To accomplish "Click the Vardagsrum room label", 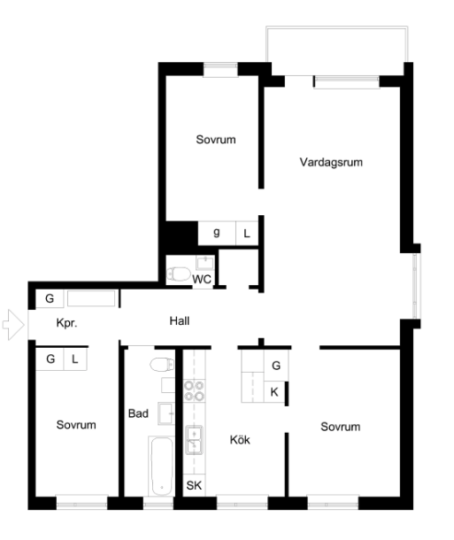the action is click(331, 162).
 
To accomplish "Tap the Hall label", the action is click(180, 321).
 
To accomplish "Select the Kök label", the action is click(240, 439).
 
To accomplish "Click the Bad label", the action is click(138, 413).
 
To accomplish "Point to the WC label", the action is click(202, 279).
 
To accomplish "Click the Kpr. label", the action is click(66, 323).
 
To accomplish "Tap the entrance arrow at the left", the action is click(13, 325).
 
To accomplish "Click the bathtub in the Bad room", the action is click(161, 466).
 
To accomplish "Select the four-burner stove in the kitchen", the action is click(194, 391).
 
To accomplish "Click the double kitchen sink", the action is click(194, 440).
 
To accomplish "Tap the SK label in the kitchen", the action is click(194, 485).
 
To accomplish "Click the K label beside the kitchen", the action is click(274, 392).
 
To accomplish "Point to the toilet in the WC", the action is click(179, 274).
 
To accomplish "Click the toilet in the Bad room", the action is click(162, 365).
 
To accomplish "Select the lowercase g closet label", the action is click(217, 233).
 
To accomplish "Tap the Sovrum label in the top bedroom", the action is click(216, 140).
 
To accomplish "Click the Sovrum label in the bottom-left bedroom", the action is click(76, 425).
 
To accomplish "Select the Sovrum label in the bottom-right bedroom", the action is click(341, 427).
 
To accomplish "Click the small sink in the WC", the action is click(205, 262).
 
